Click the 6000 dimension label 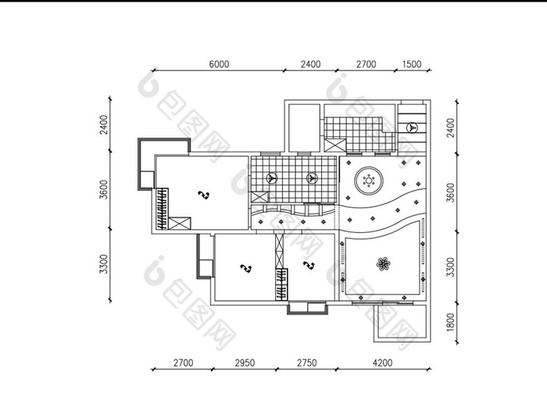[x=219, y=64]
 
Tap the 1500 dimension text [x=412, y=64]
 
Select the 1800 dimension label [x=451, y=322]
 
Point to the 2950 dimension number [x=245, y=363]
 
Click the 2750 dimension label [x=307, y=363]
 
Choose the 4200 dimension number [x=383, y=363]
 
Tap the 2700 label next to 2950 [x=183, y=363]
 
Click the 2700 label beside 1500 [x=366, y=64]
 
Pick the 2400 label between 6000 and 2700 [x=310, y=64]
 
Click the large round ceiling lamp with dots [x=369, y=181]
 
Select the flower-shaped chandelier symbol [x=383, y=264]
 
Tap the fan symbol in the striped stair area [x=412, y=127]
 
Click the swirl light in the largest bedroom [x=203, y=195]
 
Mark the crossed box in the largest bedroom [x=180, y=224]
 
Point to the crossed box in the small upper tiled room [x=335, y=145]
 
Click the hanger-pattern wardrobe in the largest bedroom [x=162, y=209]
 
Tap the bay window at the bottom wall [x=308, y=308]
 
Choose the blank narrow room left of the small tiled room [x=304, y=127]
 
